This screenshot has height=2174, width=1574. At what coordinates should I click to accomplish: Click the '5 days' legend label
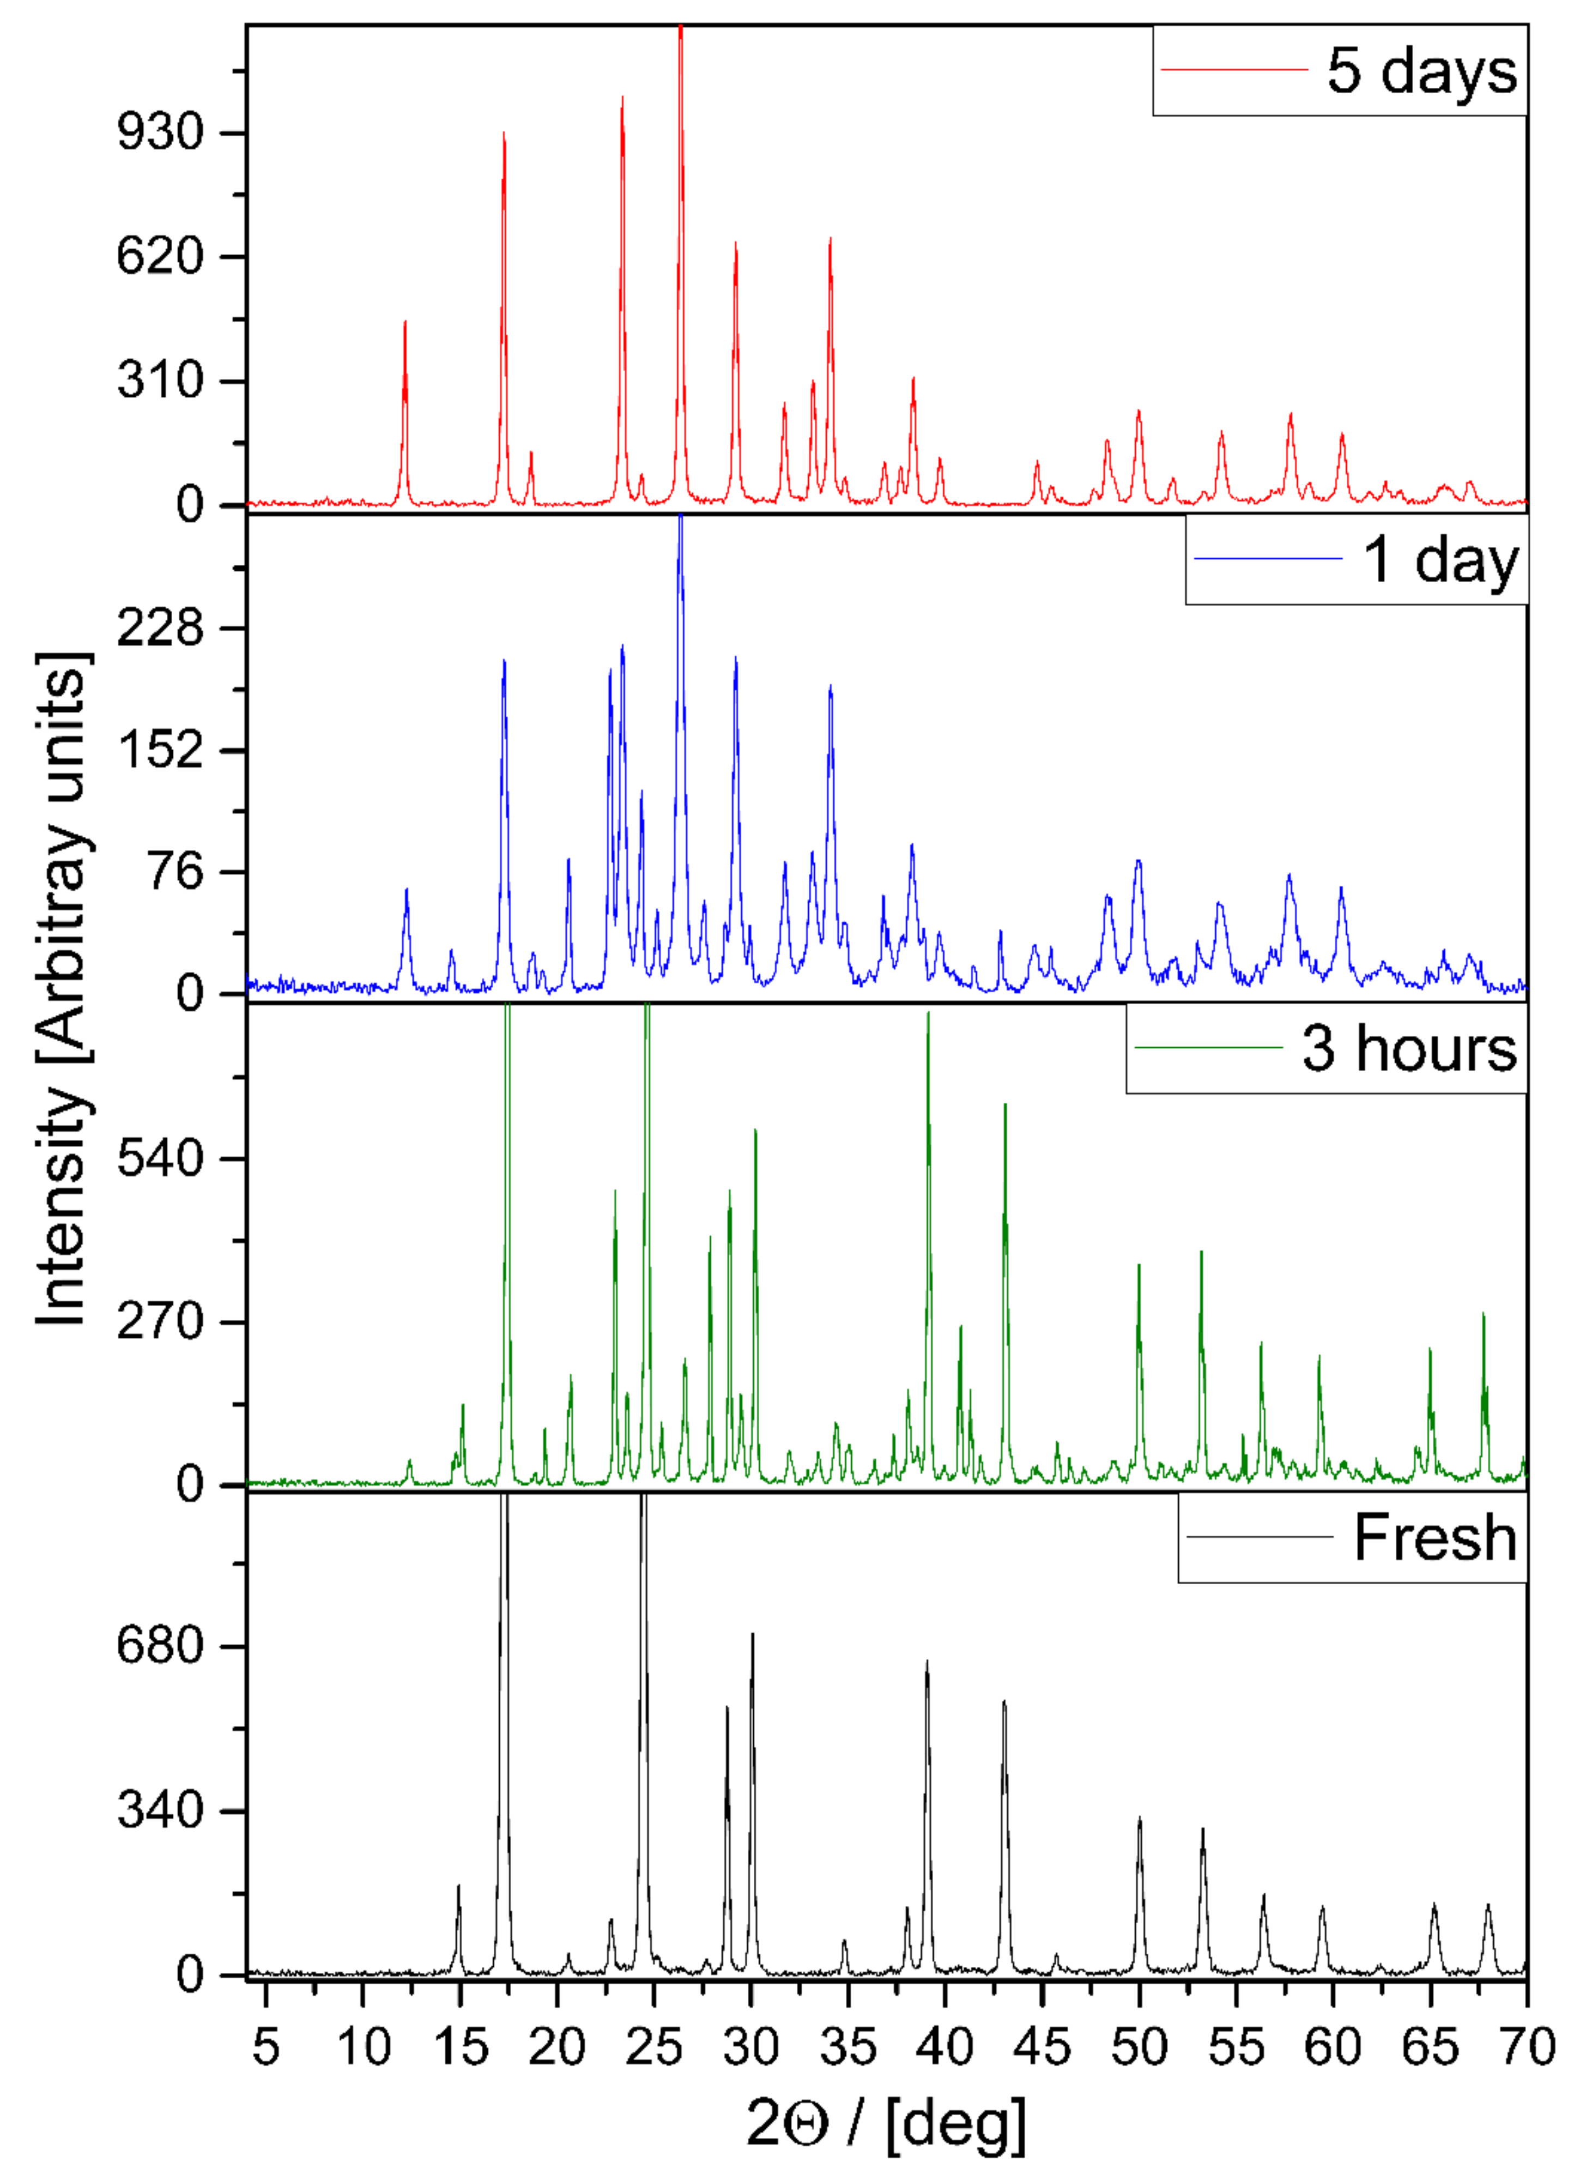coord(1421,71)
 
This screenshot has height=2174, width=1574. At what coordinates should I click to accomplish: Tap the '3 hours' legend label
coord(1408,1049)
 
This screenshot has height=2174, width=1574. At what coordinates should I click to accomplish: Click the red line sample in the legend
coord(1234,70)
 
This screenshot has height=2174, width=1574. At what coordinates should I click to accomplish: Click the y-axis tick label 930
coord(161,132)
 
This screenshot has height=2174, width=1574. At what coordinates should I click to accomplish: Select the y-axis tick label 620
coord(161,257)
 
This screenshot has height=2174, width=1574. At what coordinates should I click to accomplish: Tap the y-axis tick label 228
coord(161,629)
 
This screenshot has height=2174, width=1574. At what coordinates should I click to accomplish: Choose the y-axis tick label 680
coord(161,1647)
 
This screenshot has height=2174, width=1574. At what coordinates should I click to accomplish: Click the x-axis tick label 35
coord(847,2048)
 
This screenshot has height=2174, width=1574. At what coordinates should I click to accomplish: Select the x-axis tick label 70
coord(1525,2048)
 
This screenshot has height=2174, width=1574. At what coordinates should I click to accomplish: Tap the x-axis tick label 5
coord(265,2048)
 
